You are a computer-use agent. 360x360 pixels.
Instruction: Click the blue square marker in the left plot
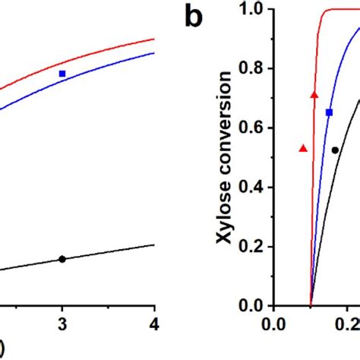(62, 74)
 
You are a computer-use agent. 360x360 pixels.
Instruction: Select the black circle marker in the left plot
(62, 259)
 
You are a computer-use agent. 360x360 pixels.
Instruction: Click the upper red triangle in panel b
(314, 94)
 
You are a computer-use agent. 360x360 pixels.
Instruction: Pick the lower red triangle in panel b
(304, 148)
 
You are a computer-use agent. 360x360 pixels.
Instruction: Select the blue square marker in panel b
(329, 112)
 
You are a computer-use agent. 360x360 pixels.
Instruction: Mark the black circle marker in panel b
(335, 150)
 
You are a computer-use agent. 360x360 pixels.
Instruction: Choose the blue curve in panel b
(323, 152)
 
